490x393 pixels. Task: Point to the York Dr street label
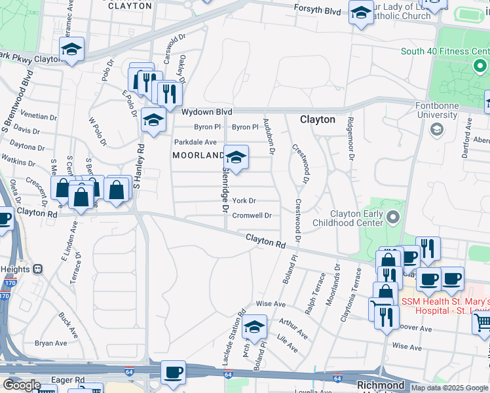[244, 200]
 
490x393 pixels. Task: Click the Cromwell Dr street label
[252, 215]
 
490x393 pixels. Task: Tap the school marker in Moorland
[236, 158]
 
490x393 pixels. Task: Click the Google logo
[22, 385]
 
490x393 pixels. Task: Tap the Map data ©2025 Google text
[449, 388]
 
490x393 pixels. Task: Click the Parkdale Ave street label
[195, 141]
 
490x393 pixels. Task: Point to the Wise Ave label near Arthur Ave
[271, 304]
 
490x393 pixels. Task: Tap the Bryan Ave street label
[51, 343]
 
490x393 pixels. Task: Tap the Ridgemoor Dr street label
[350, 139]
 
